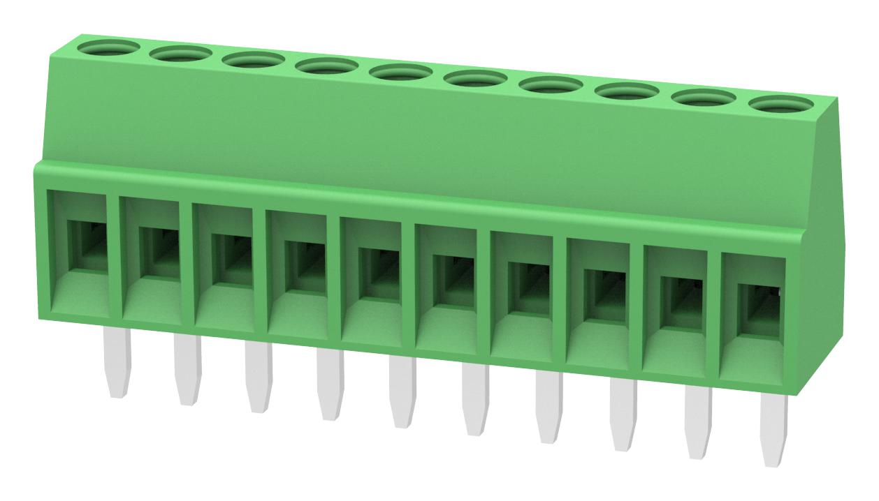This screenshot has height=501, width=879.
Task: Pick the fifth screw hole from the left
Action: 401,73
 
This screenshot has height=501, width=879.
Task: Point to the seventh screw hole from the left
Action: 551,85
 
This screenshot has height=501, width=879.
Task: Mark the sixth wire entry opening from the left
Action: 453,278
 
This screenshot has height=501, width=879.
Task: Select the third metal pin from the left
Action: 258,377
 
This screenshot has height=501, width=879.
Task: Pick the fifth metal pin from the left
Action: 402,391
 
